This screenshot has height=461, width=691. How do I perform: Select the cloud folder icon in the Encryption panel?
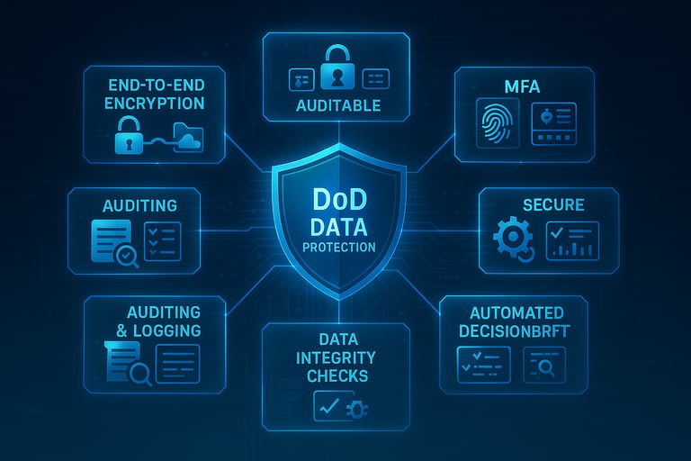188,137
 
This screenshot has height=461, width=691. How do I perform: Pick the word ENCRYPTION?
154,103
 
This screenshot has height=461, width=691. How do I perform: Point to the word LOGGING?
165,330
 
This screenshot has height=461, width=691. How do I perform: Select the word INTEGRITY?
337,357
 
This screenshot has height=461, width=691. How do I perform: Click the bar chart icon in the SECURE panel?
572,240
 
